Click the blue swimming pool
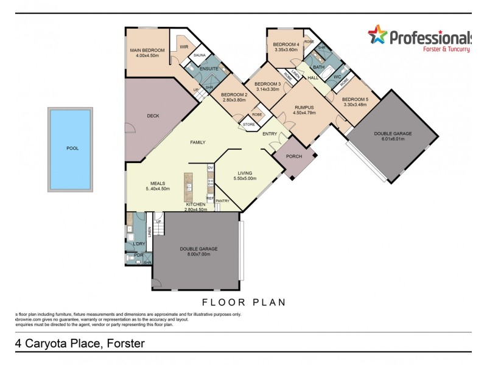[70, 150]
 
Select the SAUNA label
[199, 55]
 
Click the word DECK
[153, 116]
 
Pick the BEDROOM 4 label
[286, 44]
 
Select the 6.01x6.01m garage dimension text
[393, 138]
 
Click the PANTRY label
[222, 200]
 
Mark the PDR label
[138, 255]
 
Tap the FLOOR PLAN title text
[243, 301]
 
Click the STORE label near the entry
[249, 125]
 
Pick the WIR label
[183, 46]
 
